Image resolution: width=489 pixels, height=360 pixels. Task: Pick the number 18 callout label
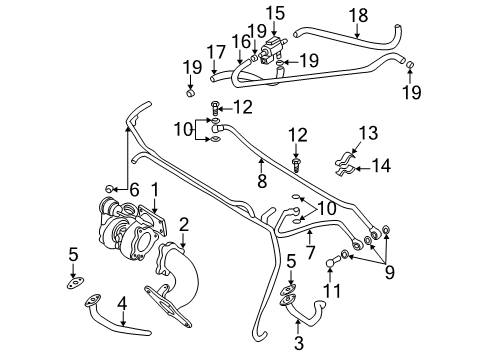355,15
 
